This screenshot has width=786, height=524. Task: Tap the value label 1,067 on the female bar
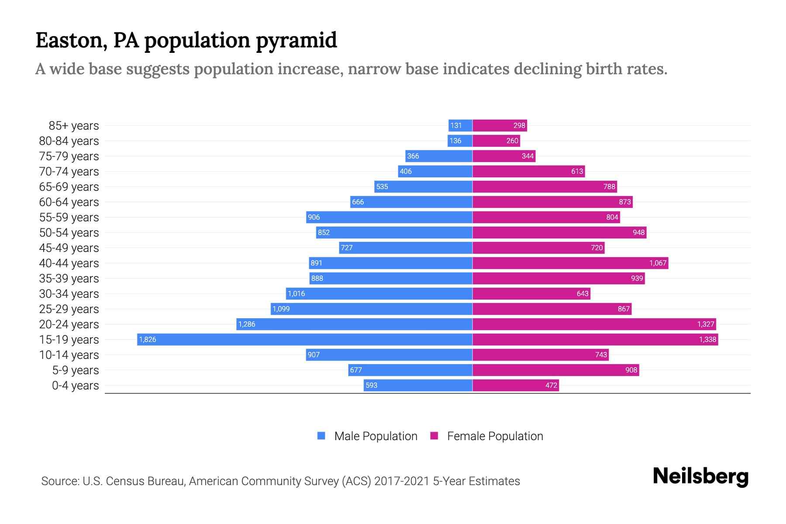click(x=658, y=263)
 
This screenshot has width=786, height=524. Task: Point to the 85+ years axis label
click(x=74, y=126)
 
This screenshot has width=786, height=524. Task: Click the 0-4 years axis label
click(x=75, y=386)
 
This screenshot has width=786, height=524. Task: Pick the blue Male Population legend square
click(x=321, y=436)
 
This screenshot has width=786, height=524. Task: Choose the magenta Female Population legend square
click(x=434, y=436)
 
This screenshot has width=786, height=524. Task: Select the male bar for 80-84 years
click(x=460, y=141)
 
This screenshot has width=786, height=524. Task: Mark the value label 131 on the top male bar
click(x=456, y=125)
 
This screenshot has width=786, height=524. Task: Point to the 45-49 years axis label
click(x=69, y=248)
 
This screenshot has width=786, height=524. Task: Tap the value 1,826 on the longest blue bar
click(x=148, y=339)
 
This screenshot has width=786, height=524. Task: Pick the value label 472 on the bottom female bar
click(x=551, y=385)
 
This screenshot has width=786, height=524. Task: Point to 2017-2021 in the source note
click(x=402, y=481)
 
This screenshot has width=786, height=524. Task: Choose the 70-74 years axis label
click(x=69, y=172)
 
